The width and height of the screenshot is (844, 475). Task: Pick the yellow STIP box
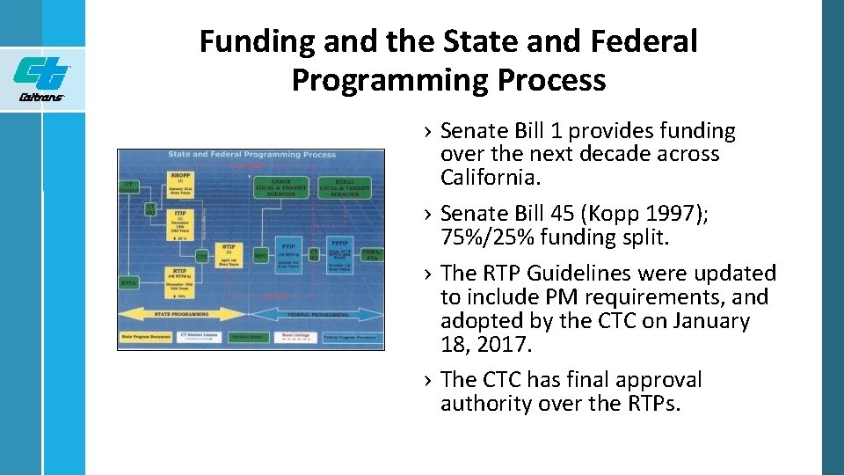coord(230,252)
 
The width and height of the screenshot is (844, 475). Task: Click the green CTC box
coord(202,256)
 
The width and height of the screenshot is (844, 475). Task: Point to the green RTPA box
coord(128,282)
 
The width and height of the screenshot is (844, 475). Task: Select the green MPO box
coord(261,256)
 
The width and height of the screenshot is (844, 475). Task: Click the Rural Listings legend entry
coord(293,337)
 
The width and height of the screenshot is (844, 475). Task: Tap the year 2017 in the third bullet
coord(504,345)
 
